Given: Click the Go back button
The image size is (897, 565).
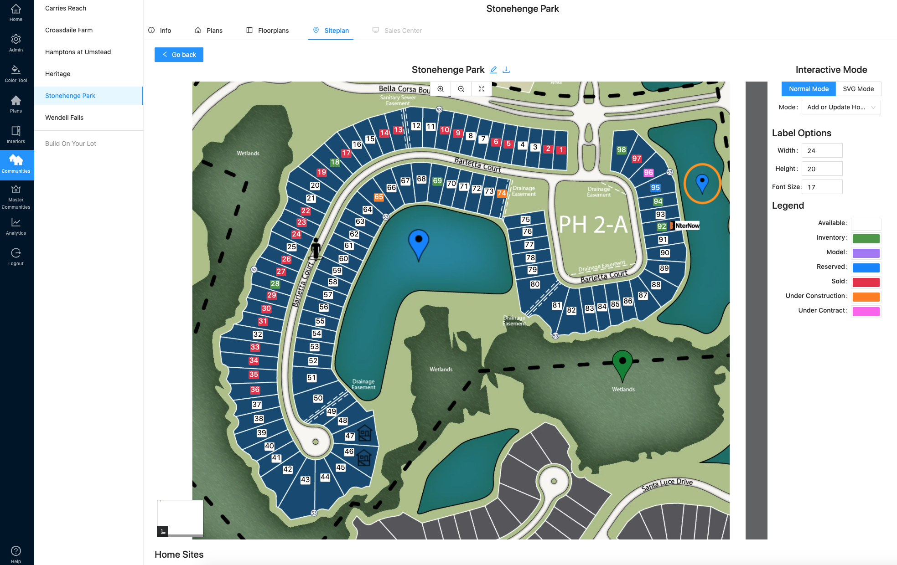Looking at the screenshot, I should tap(179, 55).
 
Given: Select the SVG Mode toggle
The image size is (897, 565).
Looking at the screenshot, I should tap(858, 89).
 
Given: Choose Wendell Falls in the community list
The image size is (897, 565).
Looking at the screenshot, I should tap(64, 118).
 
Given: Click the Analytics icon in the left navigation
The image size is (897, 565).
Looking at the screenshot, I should tap(16, 226).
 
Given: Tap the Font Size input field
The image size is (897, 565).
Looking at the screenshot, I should tap(822, 187).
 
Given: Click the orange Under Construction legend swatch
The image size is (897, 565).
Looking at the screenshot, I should tap(866, 297).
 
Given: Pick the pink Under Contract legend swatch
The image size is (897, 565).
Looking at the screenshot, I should tap(866, 311).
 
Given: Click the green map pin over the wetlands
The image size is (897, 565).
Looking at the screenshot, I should tap(622, 363).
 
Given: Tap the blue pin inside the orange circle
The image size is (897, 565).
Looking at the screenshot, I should tap(702, 183).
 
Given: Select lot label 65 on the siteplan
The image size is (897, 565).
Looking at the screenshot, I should tap(379, 197).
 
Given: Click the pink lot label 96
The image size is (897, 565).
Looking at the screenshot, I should tap(648, 173).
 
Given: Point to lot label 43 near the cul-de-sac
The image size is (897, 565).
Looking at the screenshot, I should tap(305, 480).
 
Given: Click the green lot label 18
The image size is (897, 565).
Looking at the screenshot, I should tap(335, 162).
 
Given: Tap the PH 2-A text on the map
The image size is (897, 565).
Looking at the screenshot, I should tap(593, 225).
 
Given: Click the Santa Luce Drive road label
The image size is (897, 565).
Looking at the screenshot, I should tap(667, 484).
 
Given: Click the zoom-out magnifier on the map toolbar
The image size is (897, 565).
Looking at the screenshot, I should tap(461, 89).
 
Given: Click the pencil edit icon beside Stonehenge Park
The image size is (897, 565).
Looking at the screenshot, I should tap(493, 70).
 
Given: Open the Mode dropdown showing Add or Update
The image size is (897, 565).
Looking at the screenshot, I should tap(841, 107).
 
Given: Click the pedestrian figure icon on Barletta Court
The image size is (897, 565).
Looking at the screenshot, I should tap(316, 248).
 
